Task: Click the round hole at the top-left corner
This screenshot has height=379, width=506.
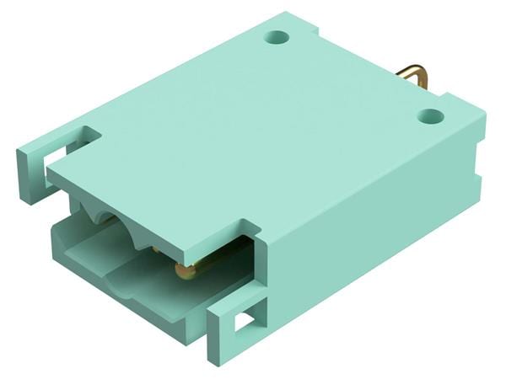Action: tap(276, 38)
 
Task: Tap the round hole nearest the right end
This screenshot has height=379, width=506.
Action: tap(430, 115)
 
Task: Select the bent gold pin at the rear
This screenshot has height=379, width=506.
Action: tap(413, 78)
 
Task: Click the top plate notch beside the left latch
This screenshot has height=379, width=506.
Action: tap(89, 135)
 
